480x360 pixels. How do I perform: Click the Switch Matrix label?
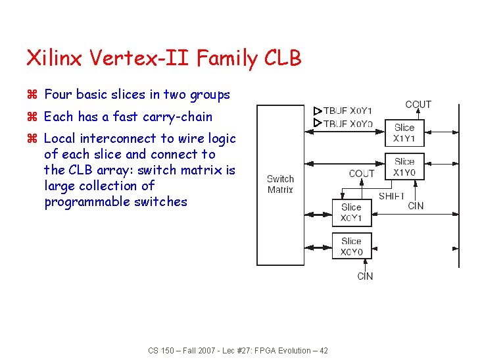280,184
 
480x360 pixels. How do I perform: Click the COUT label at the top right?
418,105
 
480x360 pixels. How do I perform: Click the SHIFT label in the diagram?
392,196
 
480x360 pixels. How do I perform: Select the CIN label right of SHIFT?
416,206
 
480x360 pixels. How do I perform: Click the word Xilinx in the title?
53,59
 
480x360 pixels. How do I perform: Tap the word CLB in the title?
282,59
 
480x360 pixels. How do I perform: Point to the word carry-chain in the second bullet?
179,117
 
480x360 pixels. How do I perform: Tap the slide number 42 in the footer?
323,351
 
